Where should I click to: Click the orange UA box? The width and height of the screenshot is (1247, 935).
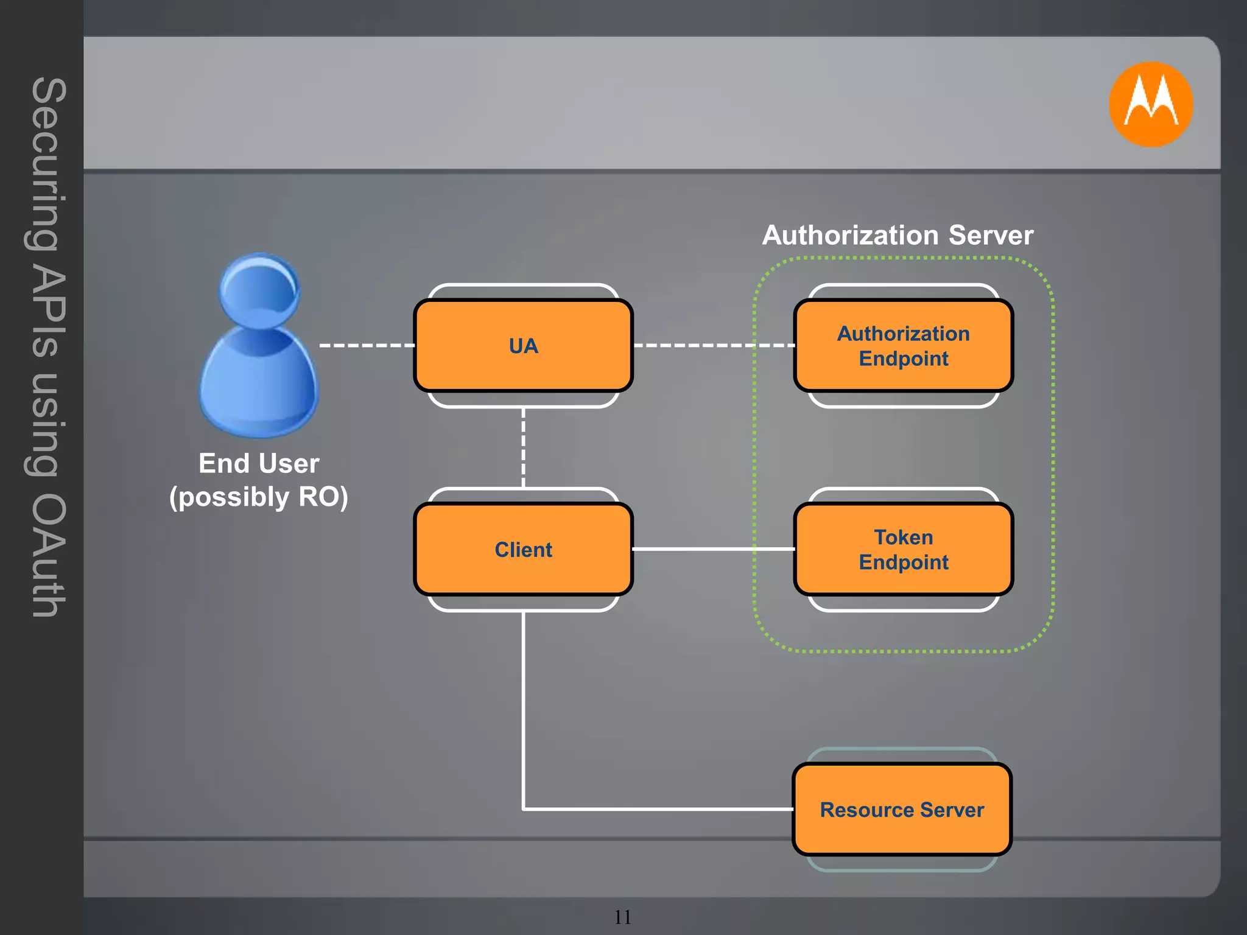pos(523,345)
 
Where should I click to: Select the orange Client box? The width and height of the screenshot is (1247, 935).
pos(523,549)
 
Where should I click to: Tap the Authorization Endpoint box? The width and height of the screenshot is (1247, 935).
pos(903,345)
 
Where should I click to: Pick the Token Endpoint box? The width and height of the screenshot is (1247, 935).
pos(903,549)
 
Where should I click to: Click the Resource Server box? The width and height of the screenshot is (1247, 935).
pos(902,809)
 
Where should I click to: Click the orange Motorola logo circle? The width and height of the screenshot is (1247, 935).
pos(1150,104)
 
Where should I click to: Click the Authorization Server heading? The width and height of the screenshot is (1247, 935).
pos(897,236)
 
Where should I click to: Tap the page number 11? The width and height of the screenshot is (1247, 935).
pos(622,917)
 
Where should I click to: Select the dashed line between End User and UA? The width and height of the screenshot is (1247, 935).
pos(367,345)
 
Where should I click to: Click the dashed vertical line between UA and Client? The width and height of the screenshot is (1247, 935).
pos(523,447)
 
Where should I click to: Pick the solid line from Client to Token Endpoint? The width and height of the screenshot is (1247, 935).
pos(712,549)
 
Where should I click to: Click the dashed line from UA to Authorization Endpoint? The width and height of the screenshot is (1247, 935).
pos(712,345)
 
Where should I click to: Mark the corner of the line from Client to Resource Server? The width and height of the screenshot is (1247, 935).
pos(524,809)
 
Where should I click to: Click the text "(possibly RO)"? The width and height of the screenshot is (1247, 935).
pos(259,497)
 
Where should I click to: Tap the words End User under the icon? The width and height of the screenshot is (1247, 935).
pos(259,463)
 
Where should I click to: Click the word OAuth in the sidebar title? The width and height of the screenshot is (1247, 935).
pos(47,555)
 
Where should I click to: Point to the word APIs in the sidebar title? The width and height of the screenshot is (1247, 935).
pos(47,310)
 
